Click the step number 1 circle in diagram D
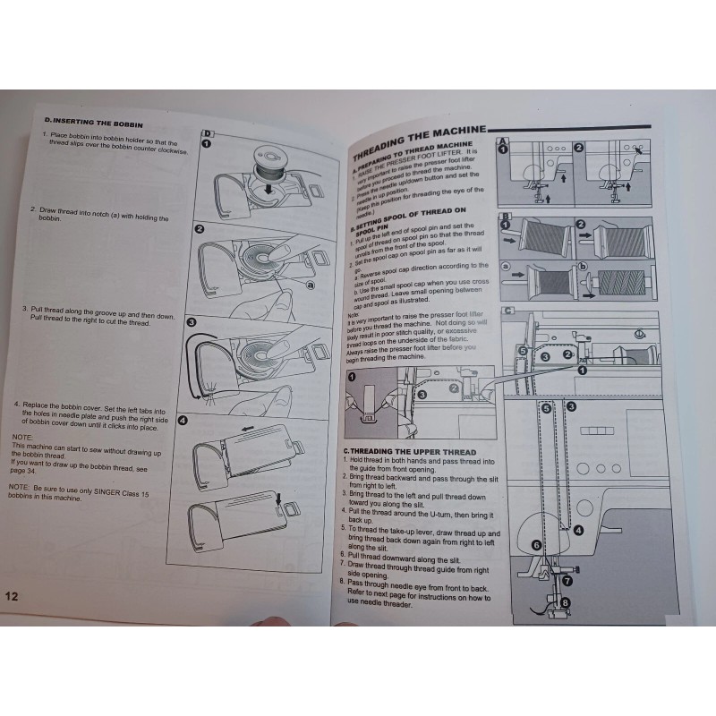tap(206, 143)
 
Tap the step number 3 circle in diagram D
tap(192, 321)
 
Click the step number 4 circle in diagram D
tap(183, 421)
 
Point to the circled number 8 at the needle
tap(564, 604)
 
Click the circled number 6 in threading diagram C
tap(536, 543)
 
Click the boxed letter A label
tap(505, 141)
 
